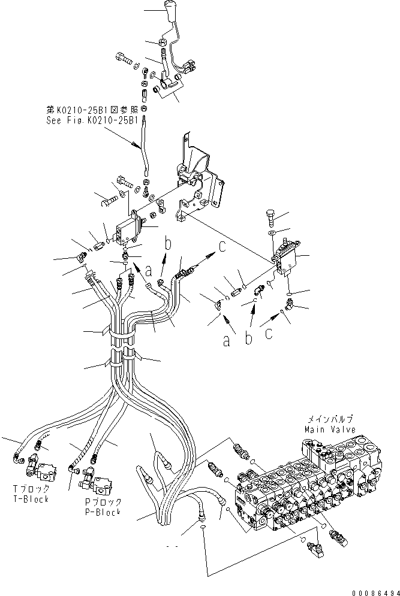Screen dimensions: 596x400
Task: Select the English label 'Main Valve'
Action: click(x=329, y=429)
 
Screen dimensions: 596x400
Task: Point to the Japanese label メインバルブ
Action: click(x=329, y=420)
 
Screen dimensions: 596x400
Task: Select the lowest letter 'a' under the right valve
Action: click(x=226, y=341)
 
